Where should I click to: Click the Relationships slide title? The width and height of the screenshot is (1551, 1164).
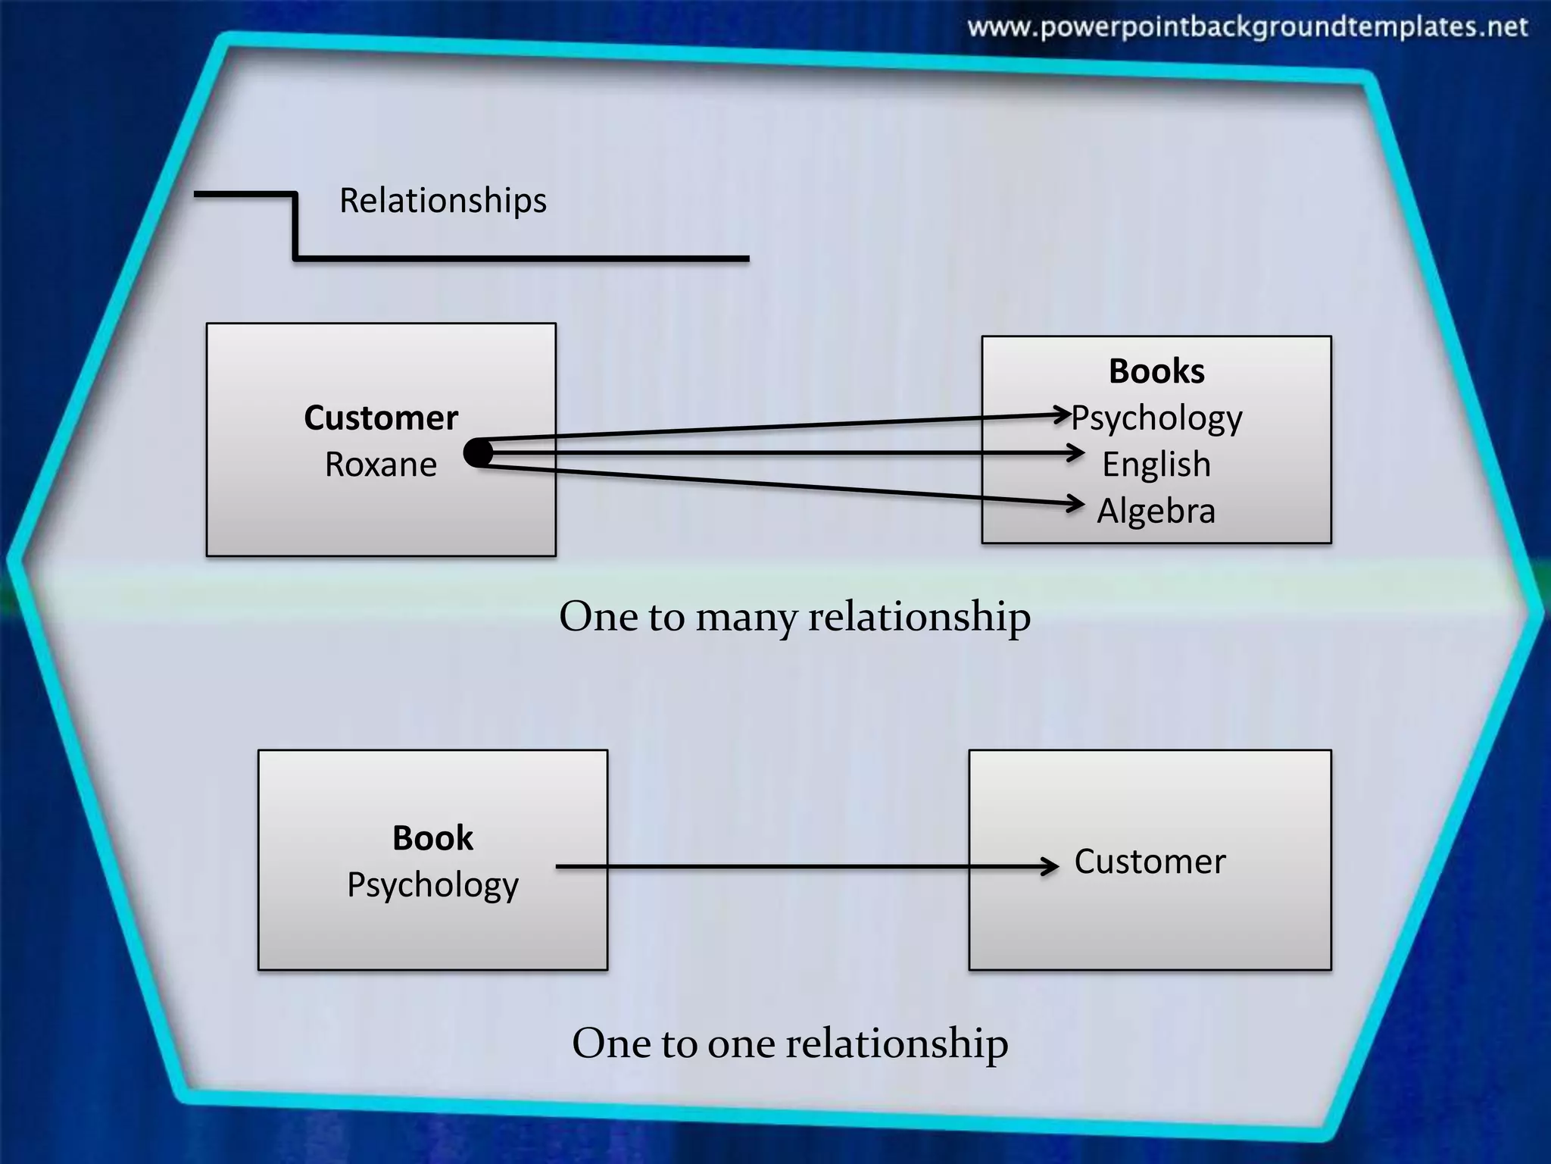coord(442,201)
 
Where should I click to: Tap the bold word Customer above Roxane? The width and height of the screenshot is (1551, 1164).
coord(381,418)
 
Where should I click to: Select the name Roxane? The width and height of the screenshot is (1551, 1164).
coord(381,465)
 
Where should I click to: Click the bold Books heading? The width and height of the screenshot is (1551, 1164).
coord(1156,371)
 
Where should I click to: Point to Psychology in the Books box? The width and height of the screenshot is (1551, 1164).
coord(1157,418)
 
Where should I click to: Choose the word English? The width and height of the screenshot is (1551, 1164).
coord(1156,465)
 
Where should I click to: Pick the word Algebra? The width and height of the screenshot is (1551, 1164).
coord(1156,511)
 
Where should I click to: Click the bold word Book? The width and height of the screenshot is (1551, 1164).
coord(432,838)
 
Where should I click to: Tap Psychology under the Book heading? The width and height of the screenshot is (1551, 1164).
coord(432,885)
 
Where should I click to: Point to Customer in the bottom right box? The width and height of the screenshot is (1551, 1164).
coord(1150,862)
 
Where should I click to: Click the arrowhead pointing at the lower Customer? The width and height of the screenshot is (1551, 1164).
coord(1051,866)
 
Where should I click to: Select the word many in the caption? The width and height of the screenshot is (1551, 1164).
coord(746,617)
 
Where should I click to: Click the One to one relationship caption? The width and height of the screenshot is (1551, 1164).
coord(790,1044)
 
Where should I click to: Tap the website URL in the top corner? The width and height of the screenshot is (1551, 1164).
coord(1247,28)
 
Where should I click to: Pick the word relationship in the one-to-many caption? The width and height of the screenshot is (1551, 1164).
coord(919,617)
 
